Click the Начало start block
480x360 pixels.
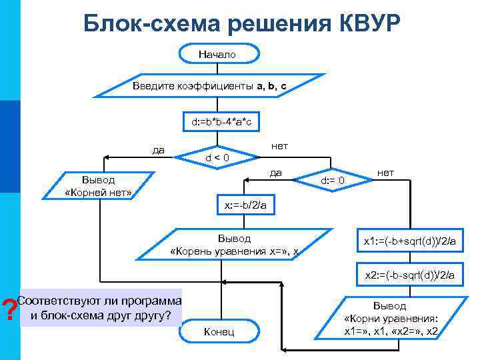(x=217, y=54)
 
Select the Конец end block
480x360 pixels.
(x=218, y=332)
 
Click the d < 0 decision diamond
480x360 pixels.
(x=217, y=158)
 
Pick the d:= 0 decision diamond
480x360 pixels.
(x=332, y=181)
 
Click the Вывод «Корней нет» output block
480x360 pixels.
(x=99, y=186)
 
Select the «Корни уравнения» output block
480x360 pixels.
(x=390, y=318)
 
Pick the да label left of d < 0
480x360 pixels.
(x=159, y=149)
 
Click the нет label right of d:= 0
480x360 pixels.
(x=386, y=173)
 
